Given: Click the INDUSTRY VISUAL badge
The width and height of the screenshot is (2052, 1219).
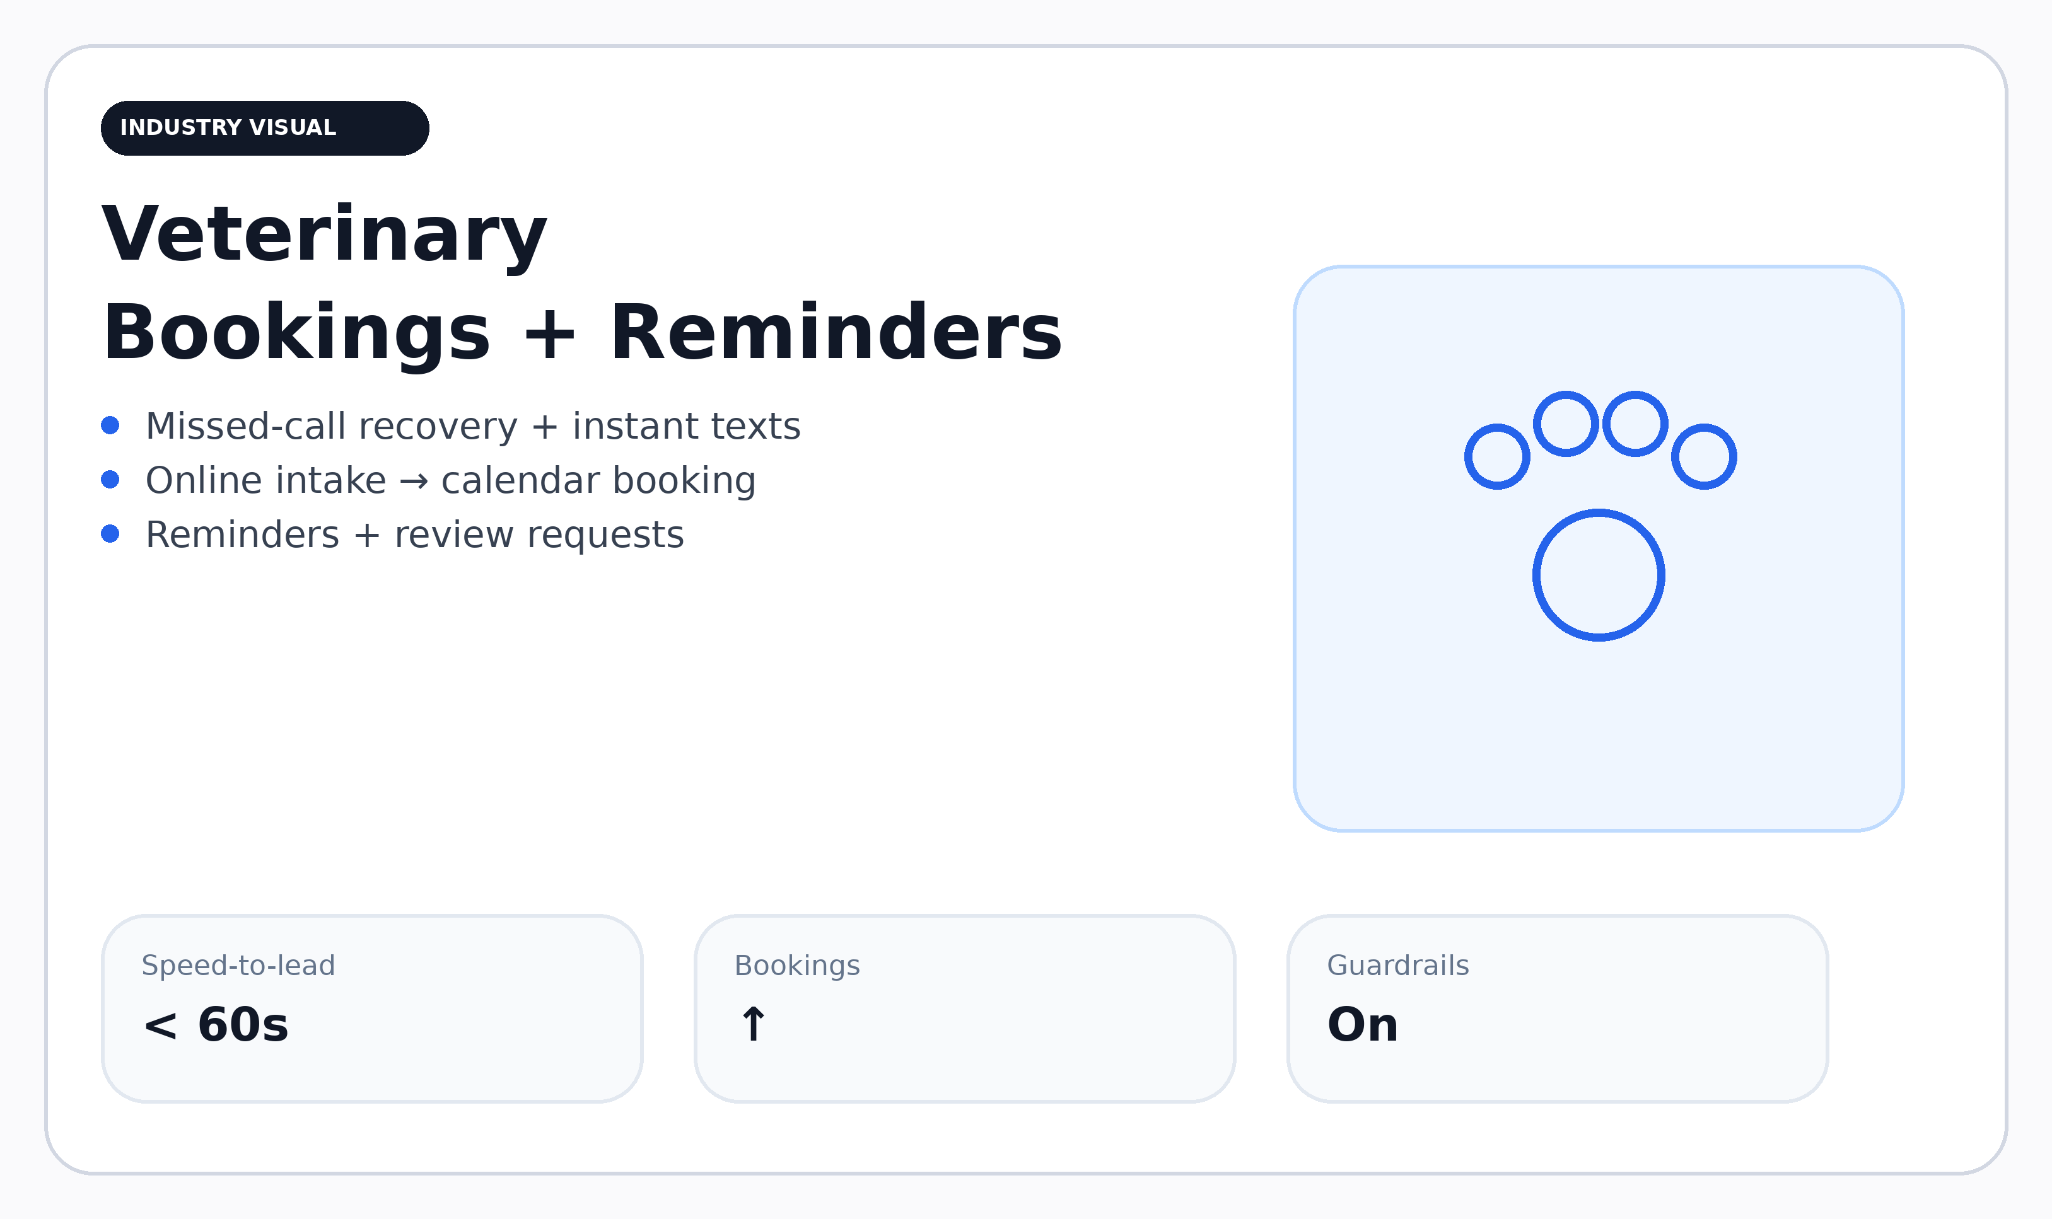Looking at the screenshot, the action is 265,128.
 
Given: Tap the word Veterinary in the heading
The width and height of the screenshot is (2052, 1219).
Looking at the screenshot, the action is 325,236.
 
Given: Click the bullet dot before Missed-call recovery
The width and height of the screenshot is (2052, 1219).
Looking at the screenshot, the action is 110,425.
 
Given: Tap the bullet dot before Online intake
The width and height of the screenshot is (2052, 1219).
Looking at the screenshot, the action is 110,479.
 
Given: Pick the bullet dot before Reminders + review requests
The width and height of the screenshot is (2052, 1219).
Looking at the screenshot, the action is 110,534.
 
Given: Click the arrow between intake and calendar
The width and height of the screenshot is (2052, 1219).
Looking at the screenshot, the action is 413,482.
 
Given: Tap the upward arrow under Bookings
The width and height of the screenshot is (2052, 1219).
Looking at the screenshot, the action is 754,1024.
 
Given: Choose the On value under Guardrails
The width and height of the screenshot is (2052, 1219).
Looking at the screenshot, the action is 1363,1024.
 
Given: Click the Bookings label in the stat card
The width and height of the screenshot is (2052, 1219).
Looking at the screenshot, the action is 797,966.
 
